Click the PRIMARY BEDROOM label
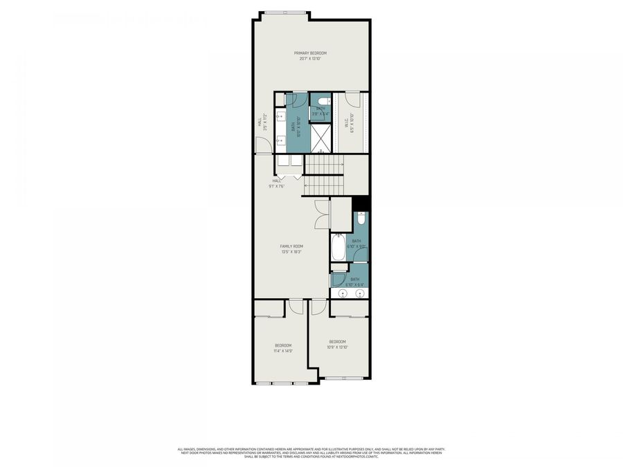309,53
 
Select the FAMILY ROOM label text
291,246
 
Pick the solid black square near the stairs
361,203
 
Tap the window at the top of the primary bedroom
285,12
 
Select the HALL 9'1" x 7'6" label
278,183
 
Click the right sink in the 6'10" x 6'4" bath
360,293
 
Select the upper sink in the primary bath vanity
281,116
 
